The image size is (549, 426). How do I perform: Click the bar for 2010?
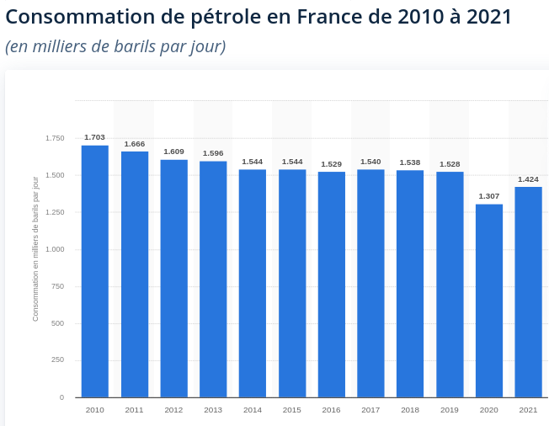pos(95,271)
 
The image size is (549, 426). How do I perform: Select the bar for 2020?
pos(488,301)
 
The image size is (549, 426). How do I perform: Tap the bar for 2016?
pos(331,285)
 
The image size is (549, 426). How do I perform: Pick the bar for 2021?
pos(528,292)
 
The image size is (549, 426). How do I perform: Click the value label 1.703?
pos(94,137)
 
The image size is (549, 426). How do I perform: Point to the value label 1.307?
pos(488,196)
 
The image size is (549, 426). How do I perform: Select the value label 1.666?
pos(135,144)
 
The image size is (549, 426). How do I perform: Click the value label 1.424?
pos(528,179)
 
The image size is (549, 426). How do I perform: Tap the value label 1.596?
pos(213,153)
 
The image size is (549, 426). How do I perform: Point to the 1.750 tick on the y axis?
pos(55,138)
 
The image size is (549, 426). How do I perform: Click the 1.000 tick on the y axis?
pos(55,249)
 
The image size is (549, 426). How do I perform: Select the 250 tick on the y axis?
pos(58,359)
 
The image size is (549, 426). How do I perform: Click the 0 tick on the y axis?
pos(62,397)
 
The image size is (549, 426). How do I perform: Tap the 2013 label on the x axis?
pos(213,410)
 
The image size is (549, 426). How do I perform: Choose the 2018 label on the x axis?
pos(410,410)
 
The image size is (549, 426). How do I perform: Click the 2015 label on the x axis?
pos(291,410)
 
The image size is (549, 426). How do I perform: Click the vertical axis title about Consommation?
pos(35,249)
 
